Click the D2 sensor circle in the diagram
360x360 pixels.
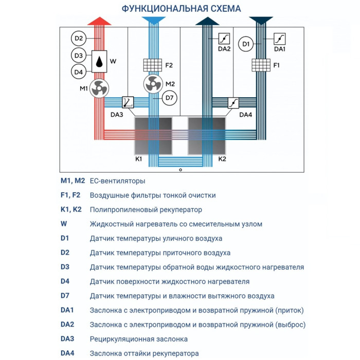pyautogui.click(x=78, y=38)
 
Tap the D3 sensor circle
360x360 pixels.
pyautogui.click(x=78, y=56)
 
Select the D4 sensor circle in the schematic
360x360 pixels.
pyautogui.click(x=78, y=72)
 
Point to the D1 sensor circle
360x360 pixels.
pyautogui.click(x=246, y=44)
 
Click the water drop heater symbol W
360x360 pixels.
pyautogui.click(x=99, y=61)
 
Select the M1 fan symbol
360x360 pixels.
pyautogui.click(x=98, y=89)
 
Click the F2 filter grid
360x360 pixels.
pyautogui.click(x=152, y=65)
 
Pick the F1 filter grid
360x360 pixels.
pyautogui.click(x=261, y=65)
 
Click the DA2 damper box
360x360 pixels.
pyautogui.click(x=225, y=39)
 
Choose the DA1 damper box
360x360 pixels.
pyautogui.click(x=280, y=39)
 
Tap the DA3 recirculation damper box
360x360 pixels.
pyautogui.click(x=128, y=102)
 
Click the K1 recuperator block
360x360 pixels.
pyautogui.click(x=153, y=135)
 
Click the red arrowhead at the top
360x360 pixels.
pyautogui.click(x=99, y=21)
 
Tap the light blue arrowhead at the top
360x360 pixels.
pyautogui.click(x=152, y=21)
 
